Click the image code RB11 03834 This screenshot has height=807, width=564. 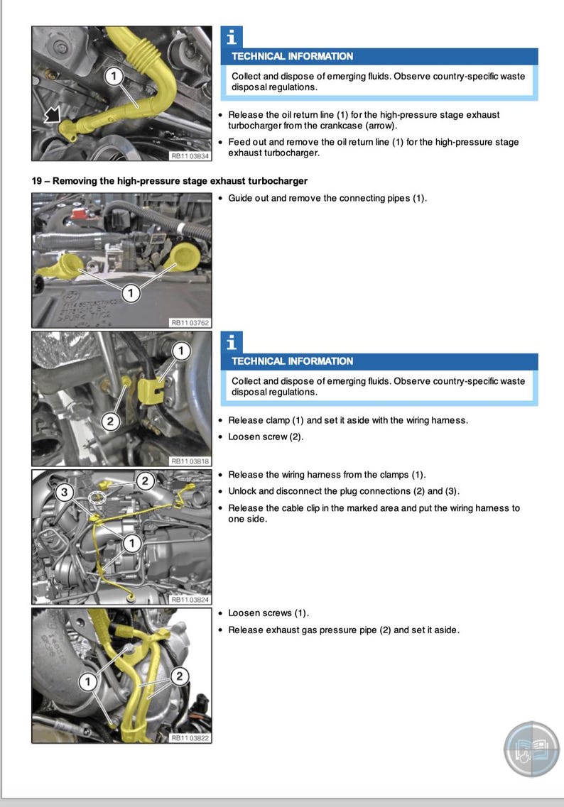point(190,155)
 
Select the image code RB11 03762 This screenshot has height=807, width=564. point(190,322)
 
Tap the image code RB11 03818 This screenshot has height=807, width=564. point(190,461)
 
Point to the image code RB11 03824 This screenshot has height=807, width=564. point(190,600)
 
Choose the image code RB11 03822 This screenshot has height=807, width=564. point(190,738)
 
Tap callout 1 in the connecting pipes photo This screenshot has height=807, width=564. point(130,292)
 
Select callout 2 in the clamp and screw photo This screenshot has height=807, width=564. point(110,422)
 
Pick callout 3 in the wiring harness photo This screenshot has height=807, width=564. point(65,492)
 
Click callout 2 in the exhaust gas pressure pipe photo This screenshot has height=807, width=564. point(179,676)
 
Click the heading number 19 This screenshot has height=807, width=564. point(38,181)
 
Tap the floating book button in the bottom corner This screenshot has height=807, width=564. point(531,750)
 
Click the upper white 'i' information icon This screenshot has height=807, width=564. point(232,38)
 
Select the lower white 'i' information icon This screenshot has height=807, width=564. point(232,343)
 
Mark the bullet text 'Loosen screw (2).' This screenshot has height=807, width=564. point(266,437)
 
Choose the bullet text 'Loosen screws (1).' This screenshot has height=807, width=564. point(269,613)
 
